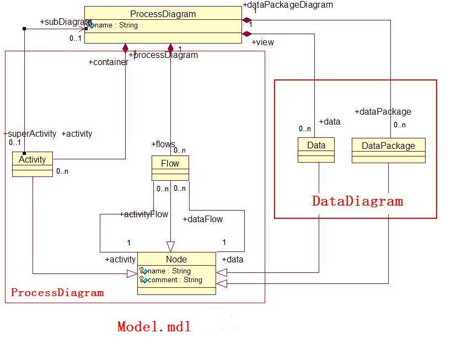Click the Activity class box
(x=32, y=164)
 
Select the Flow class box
(x=170, y=168)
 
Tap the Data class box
(x=316, y=149)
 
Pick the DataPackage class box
(x=388, y=150)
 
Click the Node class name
(x=176, y=259)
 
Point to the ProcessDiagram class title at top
(x=163, y=14)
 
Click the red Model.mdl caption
(x=154, y=326)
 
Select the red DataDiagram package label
(x=357, y=201)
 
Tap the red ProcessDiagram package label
(x=57, y=292)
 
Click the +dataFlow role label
(x=202, y=219)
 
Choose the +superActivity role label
(x=30, y=133)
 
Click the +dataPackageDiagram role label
(x=288, y=4)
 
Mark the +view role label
(x=262, y=42)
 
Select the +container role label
(x=108, y=62)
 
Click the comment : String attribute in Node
(x=175, y=280)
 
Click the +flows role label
(x=163, y=144)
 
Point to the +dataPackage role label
(x=383, y=111)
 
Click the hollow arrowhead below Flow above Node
(x=170, y=246)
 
